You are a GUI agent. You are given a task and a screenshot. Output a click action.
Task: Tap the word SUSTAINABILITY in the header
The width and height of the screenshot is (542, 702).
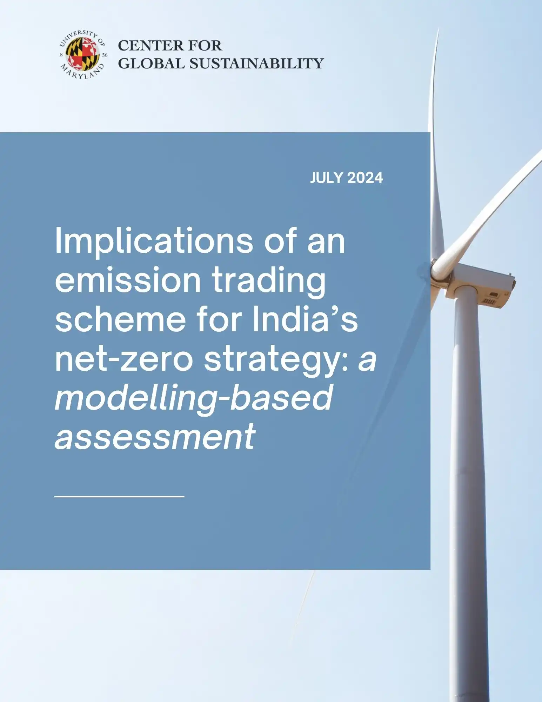coord(256,64)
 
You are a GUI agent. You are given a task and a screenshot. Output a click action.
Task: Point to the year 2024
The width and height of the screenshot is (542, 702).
coord(365,178)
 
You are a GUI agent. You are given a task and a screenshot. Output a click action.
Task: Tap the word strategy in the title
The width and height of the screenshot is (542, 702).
coord(276,362)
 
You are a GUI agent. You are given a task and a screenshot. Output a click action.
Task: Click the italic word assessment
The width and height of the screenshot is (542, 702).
coord(155,437)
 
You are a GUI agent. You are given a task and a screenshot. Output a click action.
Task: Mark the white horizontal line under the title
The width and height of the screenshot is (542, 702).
coord(120,496)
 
